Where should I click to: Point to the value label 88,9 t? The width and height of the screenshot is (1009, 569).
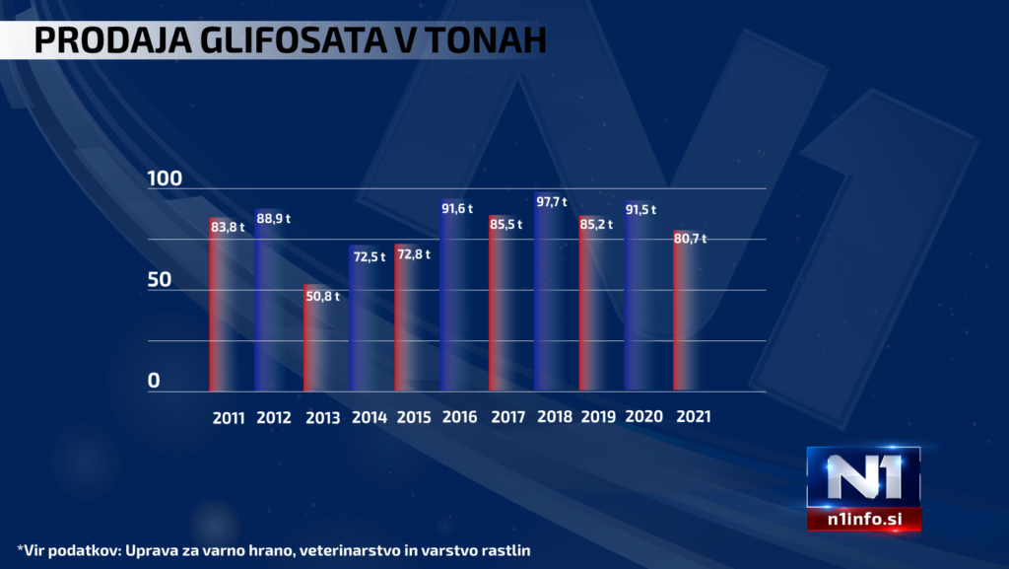[x=274, y=218]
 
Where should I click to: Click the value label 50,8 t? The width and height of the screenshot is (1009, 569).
[x=322, y=296]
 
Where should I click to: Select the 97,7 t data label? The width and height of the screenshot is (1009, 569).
[x=553, y=202]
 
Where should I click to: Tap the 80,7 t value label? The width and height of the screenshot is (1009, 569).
[x=690, y=239]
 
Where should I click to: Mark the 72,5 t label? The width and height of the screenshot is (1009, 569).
[x=369, y=256]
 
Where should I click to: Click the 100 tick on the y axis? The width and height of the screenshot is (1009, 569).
[x=165, y=179]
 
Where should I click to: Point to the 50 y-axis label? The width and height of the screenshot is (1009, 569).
[x=160, y=280]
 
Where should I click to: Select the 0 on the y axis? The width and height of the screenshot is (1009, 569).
[x=154, y=381]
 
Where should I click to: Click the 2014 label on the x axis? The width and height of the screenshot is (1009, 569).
[x=369, y=417]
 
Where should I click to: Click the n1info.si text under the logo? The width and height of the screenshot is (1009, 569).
[x=863, y=522]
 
